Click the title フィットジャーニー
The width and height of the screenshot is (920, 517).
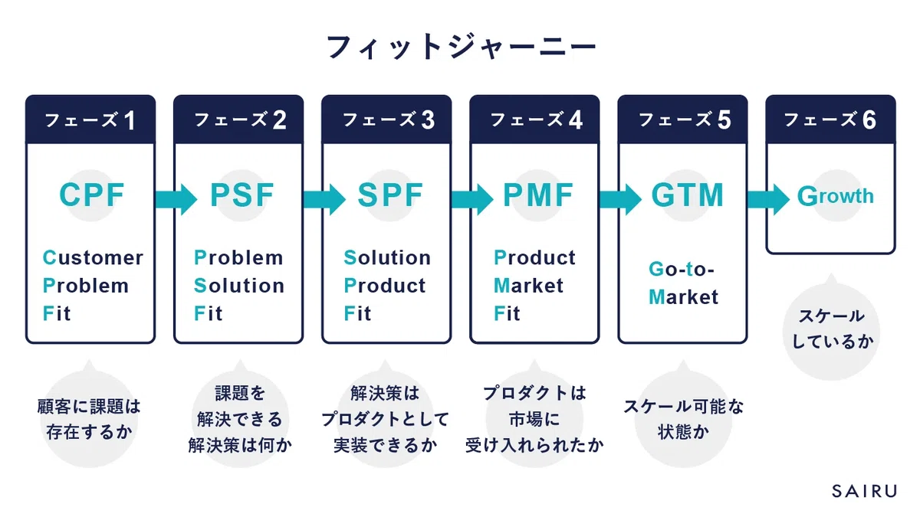click(x=461, y=47)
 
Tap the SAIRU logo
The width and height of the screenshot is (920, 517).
click(x=865, y=491)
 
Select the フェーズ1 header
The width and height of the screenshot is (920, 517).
click(x=90, y=119)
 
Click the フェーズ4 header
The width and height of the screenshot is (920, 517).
click(x=535, y=119)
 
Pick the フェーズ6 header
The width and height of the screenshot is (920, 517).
click(x=830, y=119)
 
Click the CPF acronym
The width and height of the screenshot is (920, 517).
click(x=91, y=195)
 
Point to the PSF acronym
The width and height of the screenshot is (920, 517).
click(x=242, y=195)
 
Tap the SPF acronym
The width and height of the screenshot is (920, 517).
click(x=390, y=195)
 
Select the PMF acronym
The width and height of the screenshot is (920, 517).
click(x=538, y=195)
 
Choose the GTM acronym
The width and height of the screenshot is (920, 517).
click(x=687, y=195)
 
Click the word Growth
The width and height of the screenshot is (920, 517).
click(x=836, y=196)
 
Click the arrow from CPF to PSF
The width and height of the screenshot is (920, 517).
click(x=176, y=199)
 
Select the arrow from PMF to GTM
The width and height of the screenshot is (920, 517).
click(x=620, y=199)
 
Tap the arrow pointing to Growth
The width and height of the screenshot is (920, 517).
click(x=768, y=199)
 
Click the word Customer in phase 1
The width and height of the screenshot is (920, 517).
click(x=93, y=258)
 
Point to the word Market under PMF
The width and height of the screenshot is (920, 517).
click(x=528, y=286)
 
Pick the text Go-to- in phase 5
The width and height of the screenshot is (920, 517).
click(x=682, y=270)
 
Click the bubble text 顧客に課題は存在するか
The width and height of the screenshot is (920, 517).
click(x=89, y=420)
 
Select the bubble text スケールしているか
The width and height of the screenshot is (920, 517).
click(x=832, y=329)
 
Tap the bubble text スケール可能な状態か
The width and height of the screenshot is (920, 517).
click(x=683, y=420)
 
